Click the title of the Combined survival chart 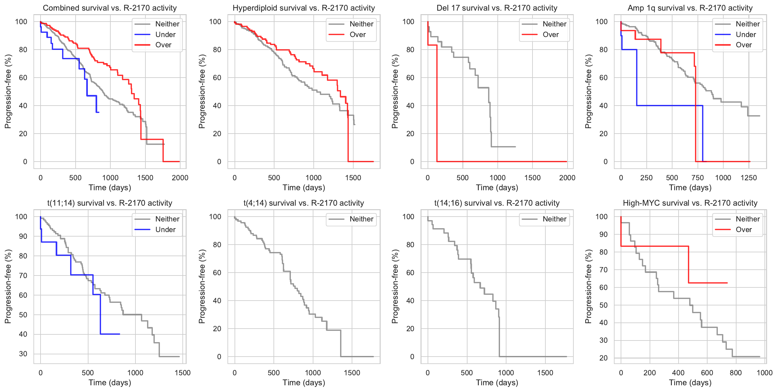[x=110, y=8]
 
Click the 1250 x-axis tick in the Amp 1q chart [x=748, y=178]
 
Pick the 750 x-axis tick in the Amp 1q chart [x=697, y=178]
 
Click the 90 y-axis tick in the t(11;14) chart [x=23, y=236]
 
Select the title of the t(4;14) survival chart [x=303, y=203]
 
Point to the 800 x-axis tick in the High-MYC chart [x=736, y=373]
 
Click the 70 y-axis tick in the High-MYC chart [x=603, y=270]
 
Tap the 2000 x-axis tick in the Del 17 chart [x=567, y=178]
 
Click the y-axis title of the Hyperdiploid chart [x=202, y=91]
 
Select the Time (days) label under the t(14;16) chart [x=497, y=383]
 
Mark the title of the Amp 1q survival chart [x=690, y=8]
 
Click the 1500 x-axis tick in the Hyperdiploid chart [x=353, y=178]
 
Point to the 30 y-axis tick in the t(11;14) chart [x=23, y=354]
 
